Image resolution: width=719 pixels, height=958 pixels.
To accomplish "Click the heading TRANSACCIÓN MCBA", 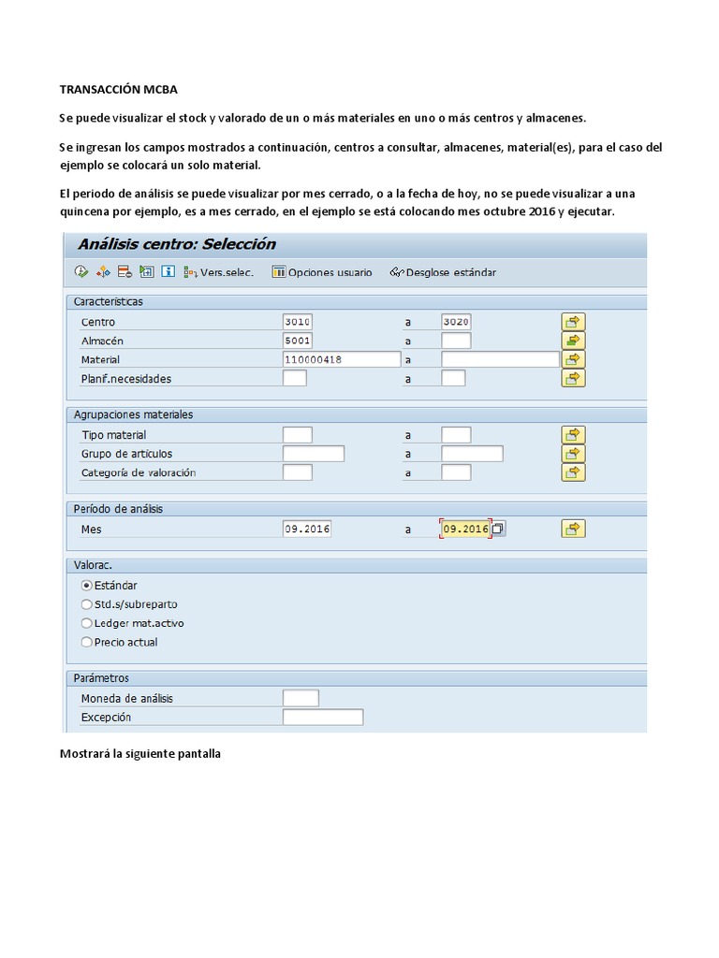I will click(118, 90).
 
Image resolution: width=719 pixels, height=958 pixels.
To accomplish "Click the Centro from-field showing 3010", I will click(297, 322).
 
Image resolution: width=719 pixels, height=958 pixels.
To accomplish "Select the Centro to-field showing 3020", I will click(456, 322).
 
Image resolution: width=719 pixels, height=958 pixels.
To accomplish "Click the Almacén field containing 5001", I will click(297, 341).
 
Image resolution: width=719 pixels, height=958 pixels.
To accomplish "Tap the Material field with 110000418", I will click(341, 359).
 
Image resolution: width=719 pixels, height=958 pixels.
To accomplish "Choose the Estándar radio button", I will click(87, 585).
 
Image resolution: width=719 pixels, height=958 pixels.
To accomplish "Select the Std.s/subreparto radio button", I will click(87, 604).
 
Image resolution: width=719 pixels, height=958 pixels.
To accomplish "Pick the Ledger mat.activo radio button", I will click(87, 623).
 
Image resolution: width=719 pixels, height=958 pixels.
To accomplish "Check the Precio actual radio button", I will click(87, 643).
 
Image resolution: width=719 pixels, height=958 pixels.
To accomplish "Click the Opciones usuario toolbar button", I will click(322, 272).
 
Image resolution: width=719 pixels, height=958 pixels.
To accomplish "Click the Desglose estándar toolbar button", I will click(443, 272).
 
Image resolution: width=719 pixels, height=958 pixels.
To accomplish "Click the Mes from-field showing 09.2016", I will click(307, 529).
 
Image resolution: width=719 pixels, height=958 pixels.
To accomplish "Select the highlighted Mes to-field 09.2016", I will click(465, 529).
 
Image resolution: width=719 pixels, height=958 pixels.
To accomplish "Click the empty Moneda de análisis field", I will click(301, 698).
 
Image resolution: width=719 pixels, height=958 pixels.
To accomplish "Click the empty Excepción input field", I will click(322, 718).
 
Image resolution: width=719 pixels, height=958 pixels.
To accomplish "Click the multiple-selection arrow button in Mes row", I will click(573, 529).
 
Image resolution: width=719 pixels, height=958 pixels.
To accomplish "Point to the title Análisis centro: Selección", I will click(177, 244).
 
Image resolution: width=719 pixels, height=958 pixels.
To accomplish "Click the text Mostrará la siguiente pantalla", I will click(140, 753).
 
